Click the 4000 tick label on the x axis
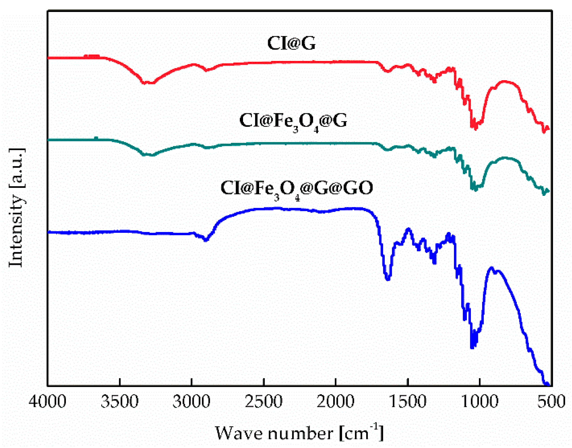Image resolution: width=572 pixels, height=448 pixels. pyautogui.click(x=47, y=402)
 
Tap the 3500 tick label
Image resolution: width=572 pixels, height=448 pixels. pyautogui.click(x=120, y=402)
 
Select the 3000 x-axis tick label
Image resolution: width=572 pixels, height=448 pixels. pyautogui.click(x=191, y=402)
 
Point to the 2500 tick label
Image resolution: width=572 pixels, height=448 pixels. pyautogui.click(x=264, y=402)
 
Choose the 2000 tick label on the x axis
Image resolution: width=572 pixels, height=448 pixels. pyautogui.click(x=335, y=402)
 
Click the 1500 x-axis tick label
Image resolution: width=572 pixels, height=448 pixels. pyautogui.click(x=408, y=402)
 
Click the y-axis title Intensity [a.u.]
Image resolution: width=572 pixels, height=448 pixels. pyautogui.click(x=16, y=208)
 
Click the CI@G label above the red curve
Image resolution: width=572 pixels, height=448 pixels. pyautogui.click(x=291, y=43)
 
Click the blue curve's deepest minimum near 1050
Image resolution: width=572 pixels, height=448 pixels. pyautogui.click(x=472, y=347)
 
